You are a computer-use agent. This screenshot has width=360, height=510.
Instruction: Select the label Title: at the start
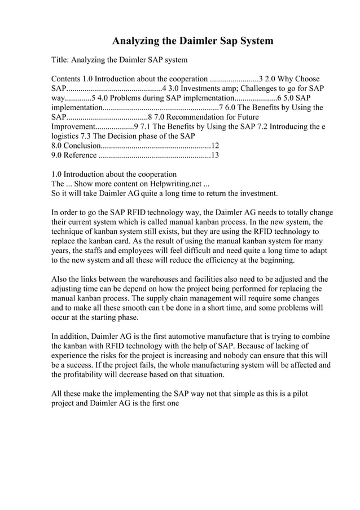point(61,60)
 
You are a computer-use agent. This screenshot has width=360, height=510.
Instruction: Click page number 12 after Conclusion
point(215,146)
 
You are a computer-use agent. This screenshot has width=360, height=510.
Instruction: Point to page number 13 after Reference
point(214,155)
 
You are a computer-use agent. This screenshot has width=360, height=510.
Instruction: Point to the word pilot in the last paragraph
point(298,394)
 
